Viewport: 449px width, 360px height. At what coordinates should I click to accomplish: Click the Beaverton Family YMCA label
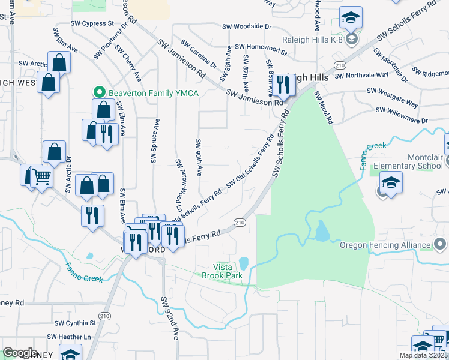153,93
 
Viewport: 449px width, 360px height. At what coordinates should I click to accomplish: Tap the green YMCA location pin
100,93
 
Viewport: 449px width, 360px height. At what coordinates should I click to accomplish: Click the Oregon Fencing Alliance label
385,245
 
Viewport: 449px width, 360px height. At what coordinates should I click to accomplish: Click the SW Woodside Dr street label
247,26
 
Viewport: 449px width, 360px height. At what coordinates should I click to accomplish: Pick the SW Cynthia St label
76,323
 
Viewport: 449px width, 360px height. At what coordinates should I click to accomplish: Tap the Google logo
20,353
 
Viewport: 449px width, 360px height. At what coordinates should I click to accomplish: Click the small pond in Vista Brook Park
244,263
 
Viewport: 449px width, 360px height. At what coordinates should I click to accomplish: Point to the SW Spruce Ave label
155,142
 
